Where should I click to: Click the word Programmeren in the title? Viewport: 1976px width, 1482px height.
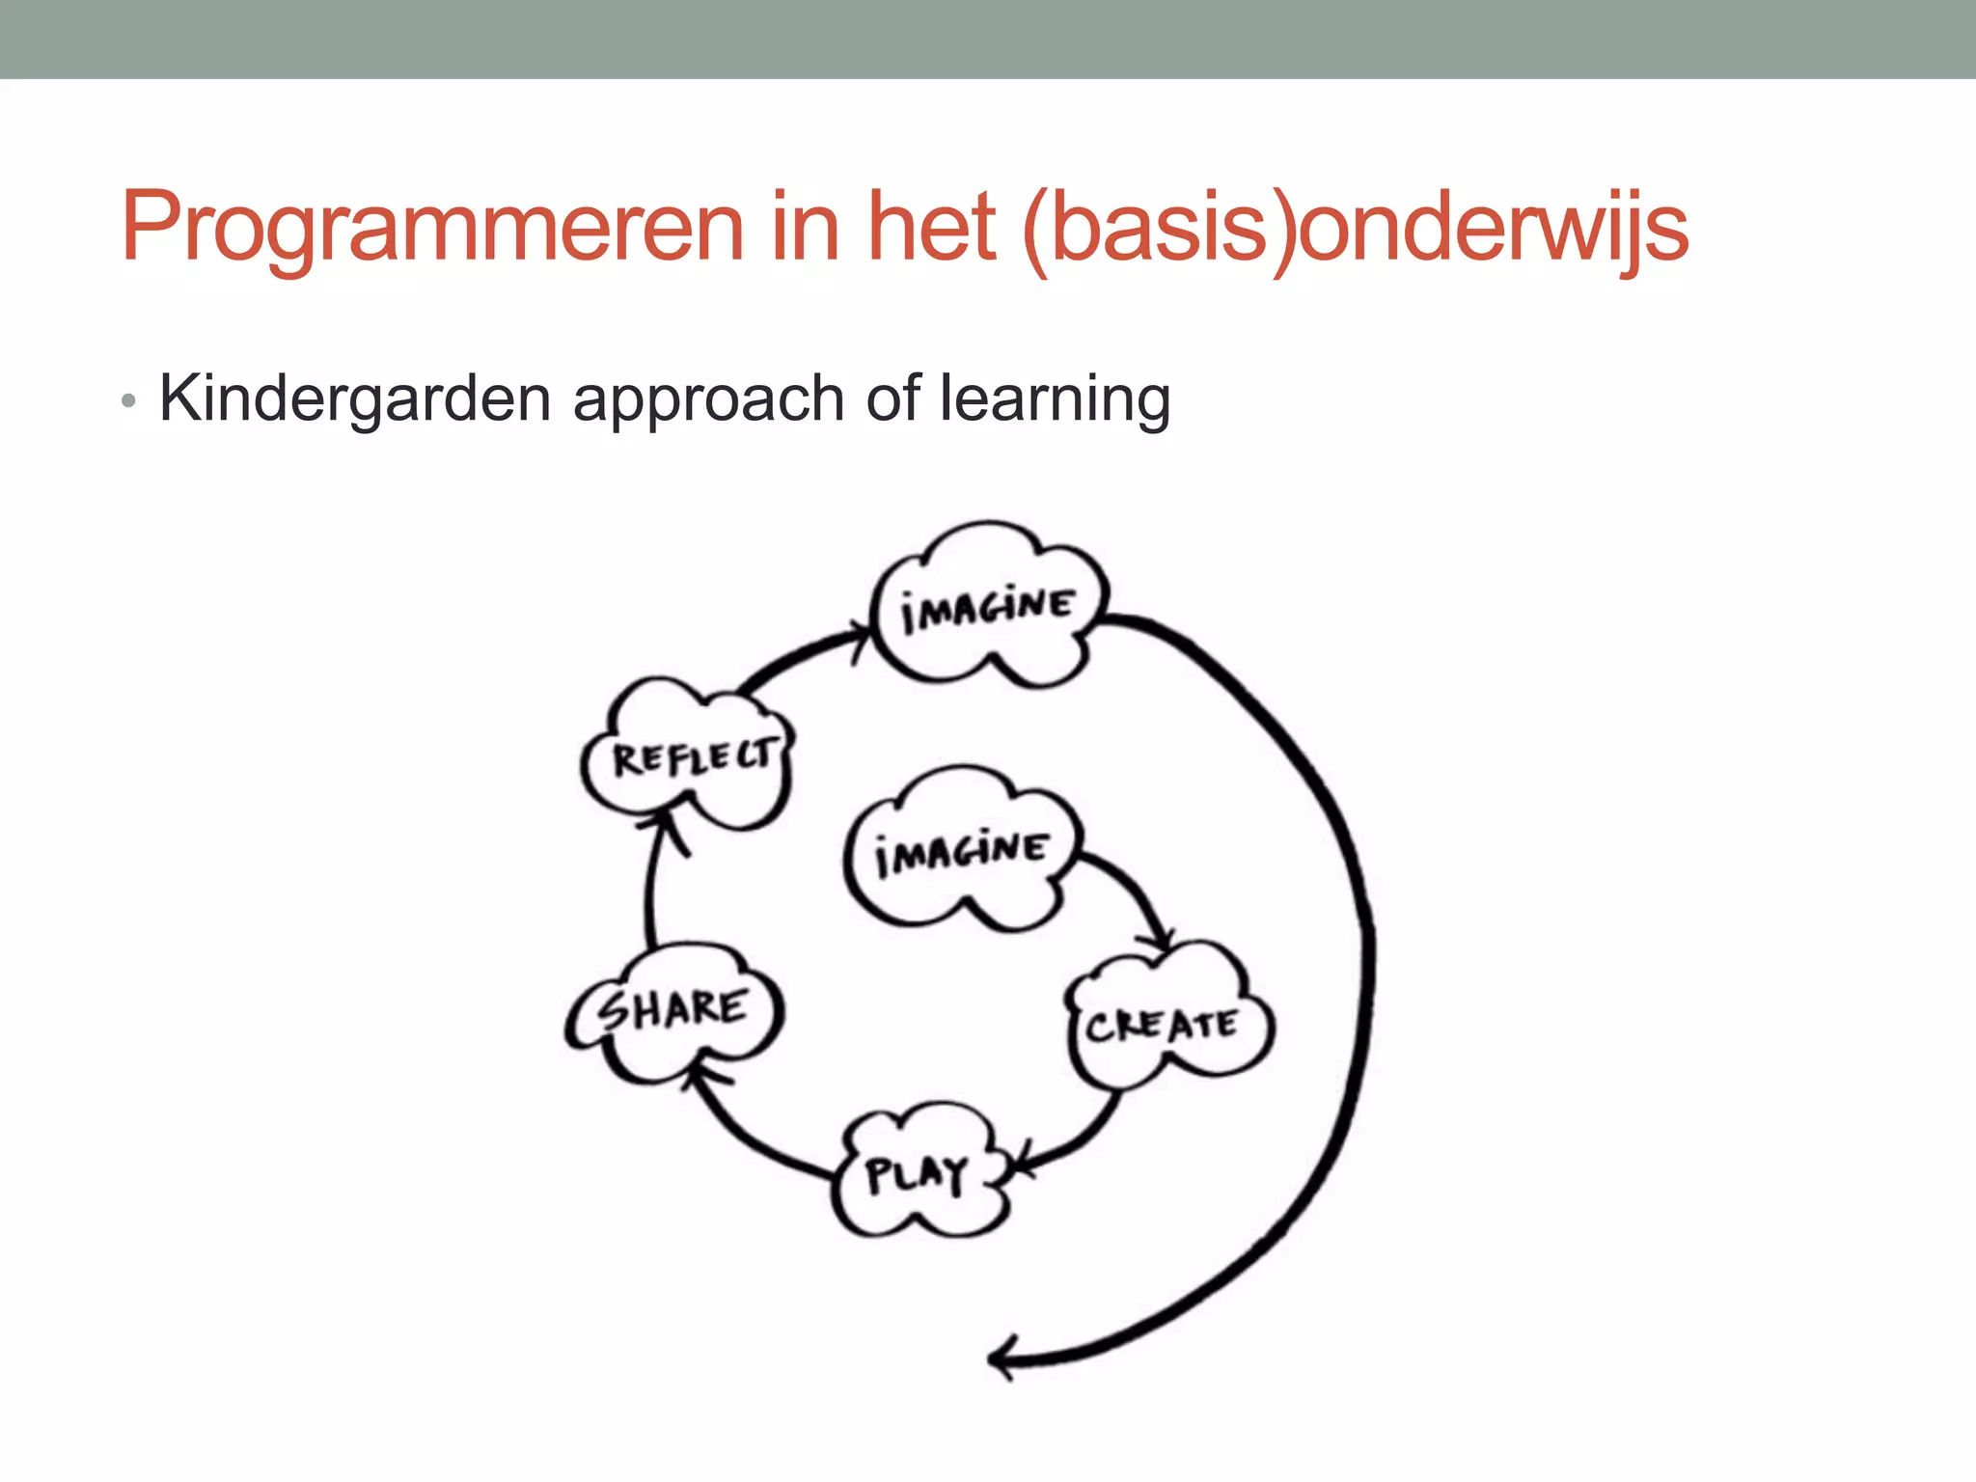pos(432,227)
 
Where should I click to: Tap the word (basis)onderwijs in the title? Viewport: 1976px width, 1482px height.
pos(1356,227)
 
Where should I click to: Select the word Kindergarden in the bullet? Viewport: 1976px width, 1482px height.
pos(354,398)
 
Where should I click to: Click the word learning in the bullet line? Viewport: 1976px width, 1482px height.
pos(1055,398)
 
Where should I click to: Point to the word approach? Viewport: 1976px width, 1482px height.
pos(708,398)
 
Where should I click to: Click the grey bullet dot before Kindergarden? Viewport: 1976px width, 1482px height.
pos(128,400)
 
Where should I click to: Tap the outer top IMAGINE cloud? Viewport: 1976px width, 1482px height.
pos(987,608)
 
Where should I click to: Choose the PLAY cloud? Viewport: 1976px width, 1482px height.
pos(917,1173)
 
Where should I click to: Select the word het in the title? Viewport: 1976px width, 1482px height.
pos(931,227)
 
